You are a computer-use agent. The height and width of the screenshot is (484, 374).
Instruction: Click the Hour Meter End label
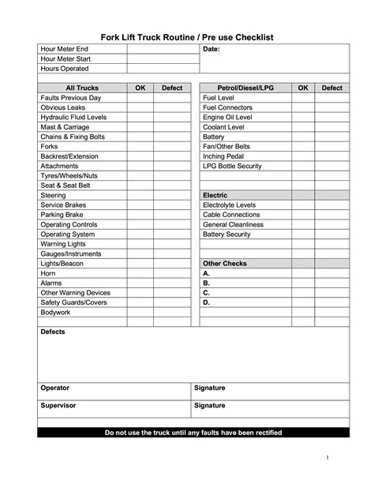pos(64,49)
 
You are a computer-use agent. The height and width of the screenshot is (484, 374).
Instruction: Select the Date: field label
pos(211,50)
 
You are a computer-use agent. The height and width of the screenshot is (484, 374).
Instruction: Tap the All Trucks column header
pos(81,88)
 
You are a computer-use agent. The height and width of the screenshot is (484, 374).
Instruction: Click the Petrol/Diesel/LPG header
pos(245,88)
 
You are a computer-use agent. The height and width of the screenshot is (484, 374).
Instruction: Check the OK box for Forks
pos(140,146)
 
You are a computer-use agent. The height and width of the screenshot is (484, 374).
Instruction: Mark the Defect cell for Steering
pos(171,195)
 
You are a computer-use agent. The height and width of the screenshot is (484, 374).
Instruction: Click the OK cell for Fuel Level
pos(302,98)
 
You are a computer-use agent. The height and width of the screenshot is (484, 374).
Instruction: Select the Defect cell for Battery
pos(331,137)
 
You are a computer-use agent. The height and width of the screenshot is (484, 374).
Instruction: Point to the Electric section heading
pos(215,195)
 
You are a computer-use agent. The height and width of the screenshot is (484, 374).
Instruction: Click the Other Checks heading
pos(225,263)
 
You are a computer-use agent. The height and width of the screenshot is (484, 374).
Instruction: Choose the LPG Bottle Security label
pos(232,166)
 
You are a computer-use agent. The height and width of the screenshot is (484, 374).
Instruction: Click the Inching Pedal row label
pos(223,156)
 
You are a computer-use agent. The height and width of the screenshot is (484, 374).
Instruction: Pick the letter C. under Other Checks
pos(206,292)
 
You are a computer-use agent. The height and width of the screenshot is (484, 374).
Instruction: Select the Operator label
pos(54,388)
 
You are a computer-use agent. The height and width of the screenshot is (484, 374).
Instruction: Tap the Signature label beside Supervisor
pos(209,405)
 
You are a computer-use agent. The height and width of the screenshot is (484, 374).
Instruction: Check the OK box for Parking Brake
pos(140,214)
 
